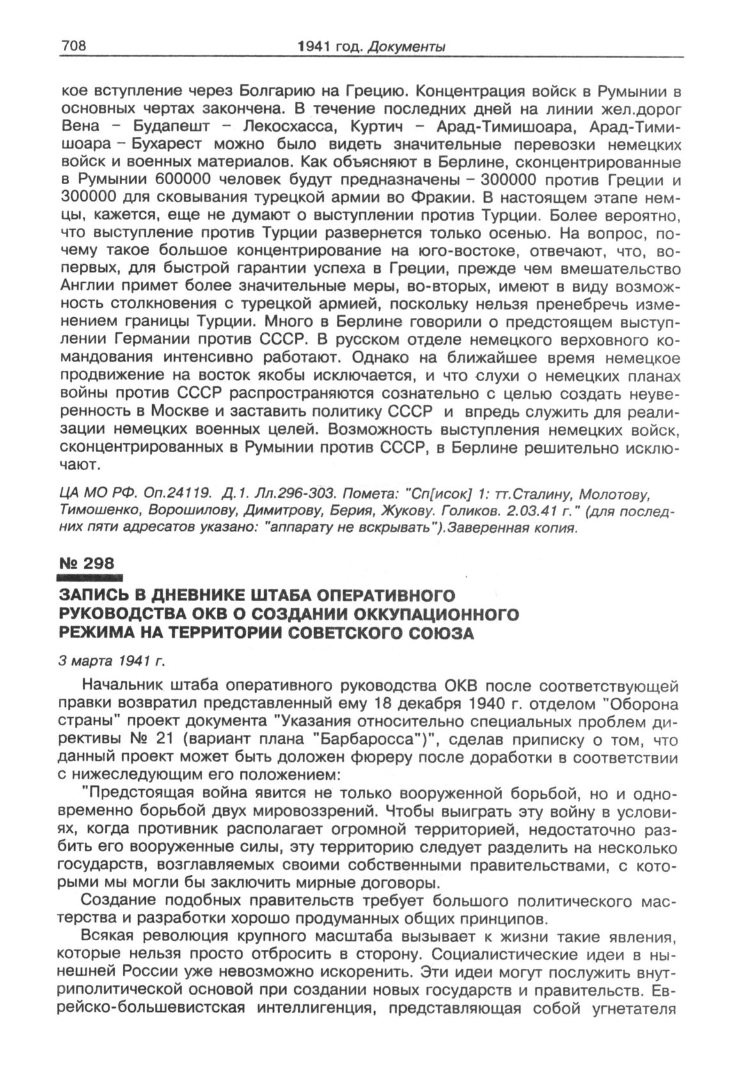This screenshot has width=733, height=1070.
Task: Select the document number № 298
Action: point(85,563)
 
